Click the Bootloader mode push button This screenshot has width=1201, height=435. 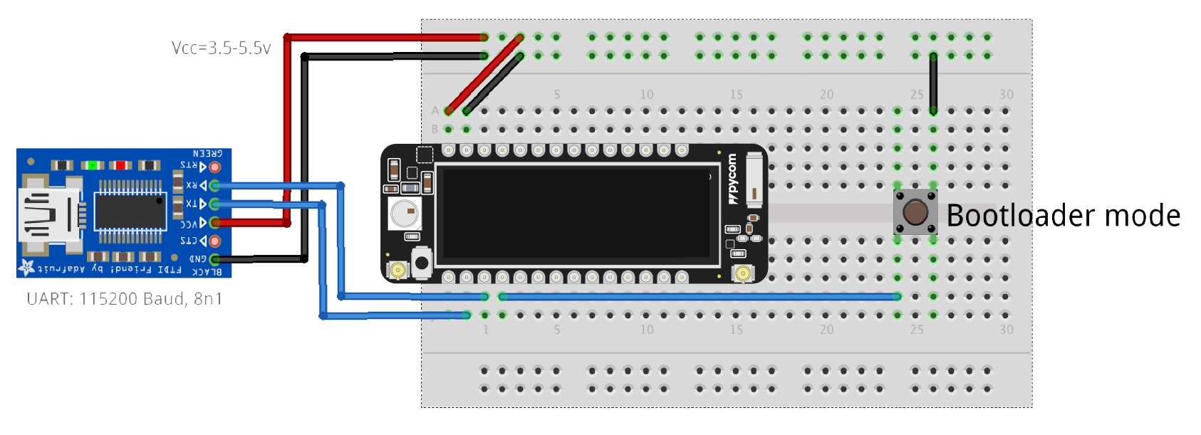915,211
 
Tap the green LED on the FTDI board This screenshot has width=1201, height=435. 92,165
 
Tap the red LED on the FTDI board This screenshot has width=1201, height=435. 120,165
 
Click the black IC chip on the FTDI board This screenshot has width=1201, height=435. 130,211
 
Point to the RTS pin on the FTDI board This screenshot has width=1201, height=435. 214,167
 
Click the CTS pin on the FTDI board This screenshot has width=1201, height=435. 214,241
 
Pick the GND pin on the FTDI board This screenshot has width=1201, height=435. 214,260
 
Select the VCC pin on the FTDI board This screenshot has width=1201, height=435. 214,223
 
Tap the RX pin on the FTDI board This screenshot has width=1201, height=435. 214,186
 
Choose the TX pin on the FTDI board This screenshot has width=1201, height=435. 214,204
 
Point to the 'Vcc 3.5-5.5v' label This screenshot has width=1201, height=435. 222,48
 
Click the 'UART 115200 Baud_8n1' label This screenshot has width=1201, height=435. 124,299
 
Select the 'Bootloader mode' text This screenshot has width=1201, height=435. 1063,215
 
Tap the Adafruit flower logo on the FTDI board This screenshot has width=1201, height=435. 27,268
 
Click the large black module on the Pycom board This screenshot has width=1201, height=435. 577,214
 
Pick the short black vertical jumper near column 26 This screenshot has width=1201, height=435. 933,83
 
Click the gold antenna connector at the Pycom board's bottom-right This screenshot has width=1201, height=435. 743,273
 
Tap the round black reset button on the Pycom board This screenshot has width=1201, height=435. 422,263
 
